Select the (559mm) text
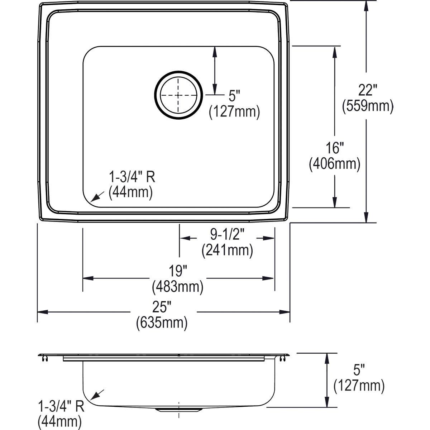368,106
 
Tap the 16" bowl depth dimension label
334,148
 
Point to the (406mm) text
334,164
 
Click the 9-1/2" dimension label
227,235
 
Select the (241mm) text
227,250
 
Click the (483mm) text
178,287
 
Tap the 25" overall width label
162,307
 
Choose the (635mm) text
162,323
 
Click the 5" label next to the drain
234,96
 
